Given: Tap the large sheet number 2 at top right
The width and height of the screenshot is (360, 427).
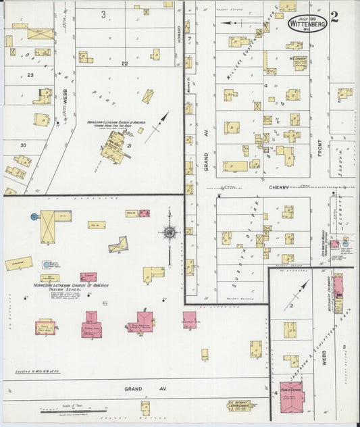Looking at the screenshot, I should [335, 16].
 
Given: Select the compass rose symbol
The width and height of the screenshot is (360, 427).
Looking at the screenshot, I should [169, 233].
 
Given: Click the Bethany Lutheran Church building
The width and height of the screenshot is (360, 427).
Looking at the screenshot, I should [239, 407].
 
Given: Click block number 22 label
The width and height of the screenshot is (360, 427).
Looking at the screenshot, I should [124, 63].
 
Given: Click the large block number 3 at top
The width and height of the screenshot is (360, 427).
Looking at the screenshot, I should [103, 14].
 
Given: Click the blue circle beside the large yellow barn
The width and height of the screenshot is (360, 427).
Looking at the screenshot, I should [34, 217].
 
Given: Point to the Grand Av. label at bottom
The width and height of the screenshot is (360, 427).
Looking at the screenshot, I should [135, 390].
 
